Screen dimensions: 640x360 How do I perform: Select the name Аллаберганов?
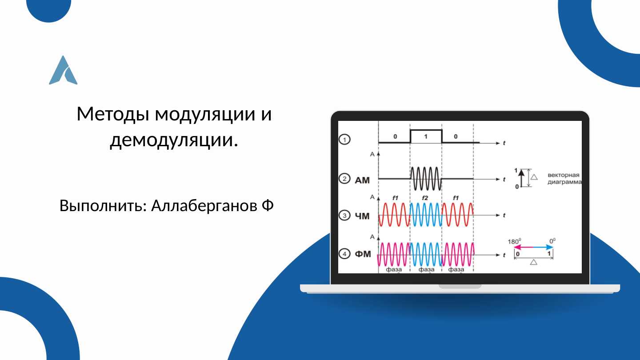coord(204,206)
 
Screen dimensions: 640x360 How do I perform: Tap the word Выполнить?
coord(103,206)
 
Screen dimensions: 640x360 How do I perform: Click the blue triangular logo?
coord(63,70)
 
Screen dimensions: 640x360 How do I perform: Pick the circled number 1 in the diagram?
coord(344,140)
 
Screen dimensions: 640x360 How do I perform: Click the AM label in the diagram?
coord(362,180)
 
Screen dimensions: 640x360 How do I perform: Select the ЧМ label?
coord(362,216)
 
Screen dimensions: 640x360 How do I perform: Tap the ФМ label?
coord(363,254)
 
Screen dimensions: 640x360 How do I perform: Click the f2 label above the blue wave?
coord(425,198)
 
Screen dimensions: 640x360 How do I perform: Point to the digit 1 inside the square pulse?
coord(426,136)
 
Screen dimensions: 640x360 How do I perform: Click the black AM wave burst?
coord(426,179)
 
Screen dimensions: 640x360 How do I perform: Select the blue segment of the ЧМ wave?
coord(426,215)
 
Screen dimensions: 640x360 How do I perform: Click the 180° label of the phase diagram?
coord(514,241)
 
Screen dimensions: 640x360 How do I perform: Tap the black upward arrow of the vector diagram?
coord(522,178)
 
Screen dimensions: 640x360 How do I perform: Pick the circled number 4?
coord(344,254)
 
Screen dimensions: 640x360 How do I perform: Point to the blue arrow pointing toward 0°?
coord(543,247)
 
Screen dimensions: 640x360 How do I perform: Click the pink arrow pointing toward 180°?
coord(524,247)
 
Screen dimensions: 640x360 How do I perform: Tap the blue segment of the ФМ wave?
coord(426,254)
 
